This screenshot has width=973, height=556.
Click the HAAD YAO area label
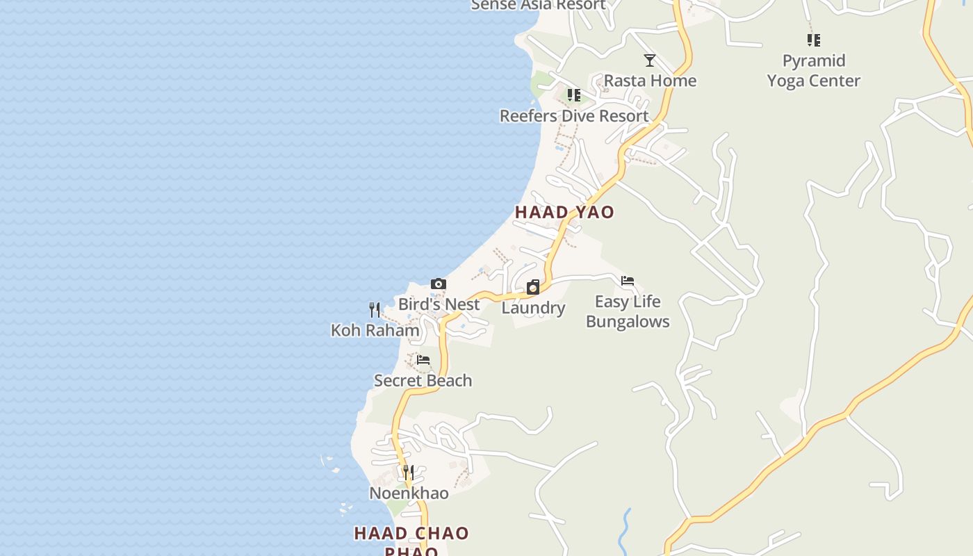pyautogui.click(x=564, y=212)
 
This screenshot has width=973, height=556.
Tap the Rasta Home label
pyautogui.click(x=650, y=81)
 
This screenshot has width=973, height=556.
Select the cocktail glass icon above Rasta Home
pyautogui.click(x=650, y=60)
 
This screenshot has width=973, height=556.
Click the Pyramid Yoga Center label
pyautogui.click(x=814, y=70)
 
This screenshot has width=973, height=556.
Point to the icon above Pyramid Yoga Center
pyautogui.click(x=814, y=40)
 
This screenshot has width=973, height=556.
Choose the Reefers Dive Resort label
pyautogui.click(x=574, y=116)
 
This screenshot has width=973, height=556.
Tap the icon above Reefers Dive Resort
pyautogui.click(x=573, y=95)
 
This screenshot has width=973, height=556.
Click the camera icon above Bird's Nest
pyautogui.click(x=439, y=284)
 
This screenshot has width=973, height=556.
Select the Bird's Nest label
pyautogui.click(x=439, y=304)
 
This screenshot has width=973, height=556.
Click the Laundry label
pyautogui.click(x=533, y=308)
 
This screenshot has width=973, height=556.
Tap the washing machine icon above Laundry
pyautogui.click(x=533, y=287)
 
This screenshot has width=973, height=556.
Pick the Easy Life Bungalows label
pyautogui.click(x=628, y=311)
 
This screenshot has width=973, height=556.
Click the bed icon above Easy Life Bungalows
pyautogui.click(x=628, y=281)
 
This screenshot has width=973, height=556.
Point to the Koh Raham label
pyautogui.click(x=375, y=330)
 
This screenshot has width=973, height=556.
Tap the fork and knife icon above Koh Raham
pyautogui.click(x=375, y=309)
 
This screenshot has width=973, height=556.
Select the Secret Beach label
pyautogui.click(x=423, y=381)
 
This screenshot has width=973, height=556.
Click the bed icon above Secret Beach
pyautogui.click(x=423, y=360)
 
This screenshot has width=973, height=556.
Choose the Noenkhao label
pyautogui.click(x=409, y=493)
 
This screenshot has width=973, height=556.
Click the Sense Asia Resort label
pyautogui.click(x=539, y=5)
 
